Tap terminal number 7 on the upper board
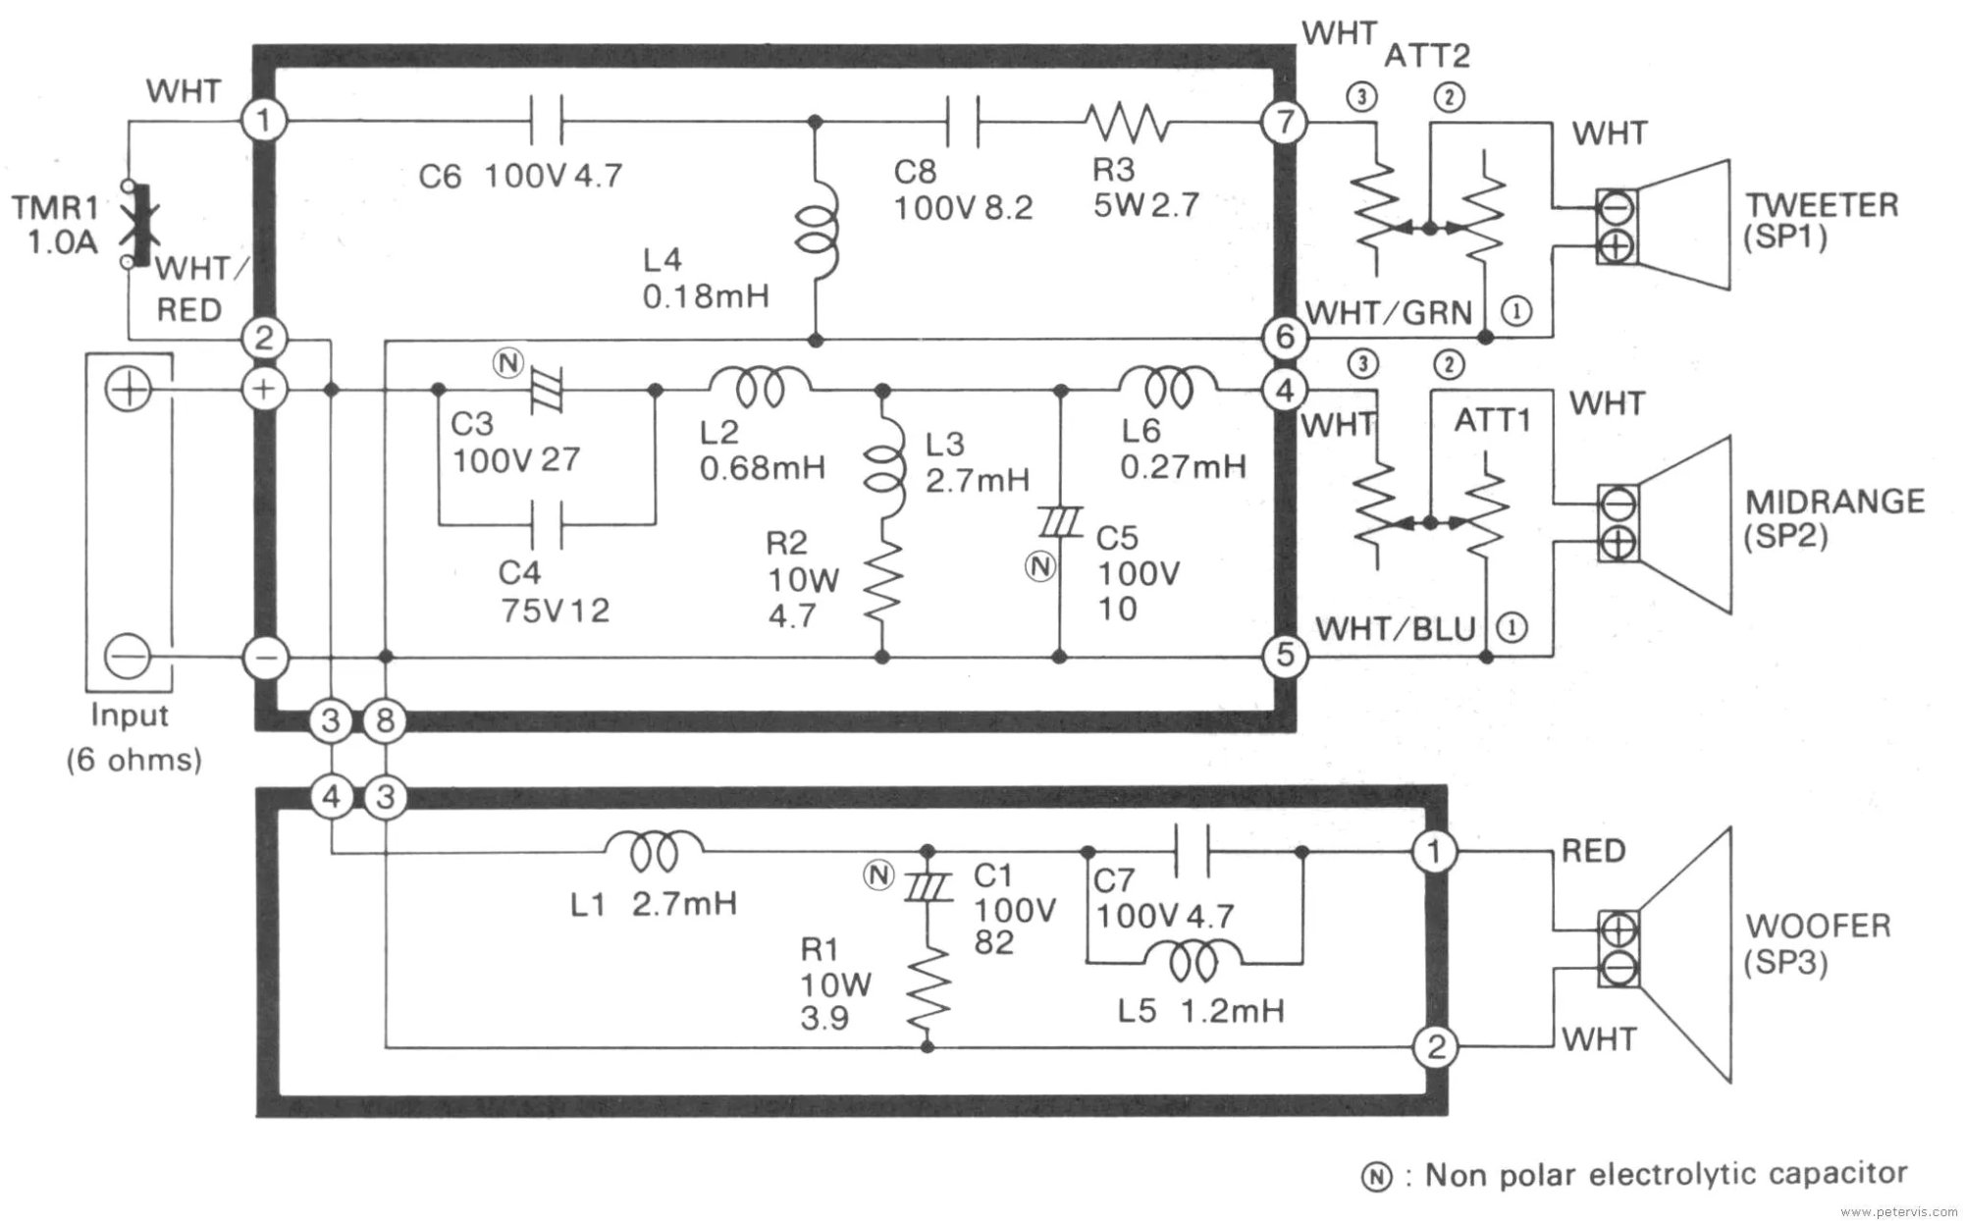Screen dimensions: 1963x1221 [1285, 123]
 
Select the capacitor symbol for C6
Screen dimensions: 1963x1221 [546, 122]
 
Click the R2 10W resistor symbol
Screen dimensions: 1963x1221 [882, 583]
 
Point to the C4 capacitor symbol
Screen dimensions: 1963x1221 [546, 523]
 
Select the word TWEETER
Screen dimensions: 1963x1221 [1821, 205]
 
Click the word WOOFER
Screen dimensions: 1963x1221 [1818, 926]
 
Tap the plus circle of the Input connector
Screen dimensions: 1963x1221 [129, 391]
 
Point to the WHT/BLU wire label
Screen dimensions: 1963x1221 [1395, 628]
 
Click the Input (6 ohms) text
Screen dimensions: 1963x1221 [133, 737]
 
